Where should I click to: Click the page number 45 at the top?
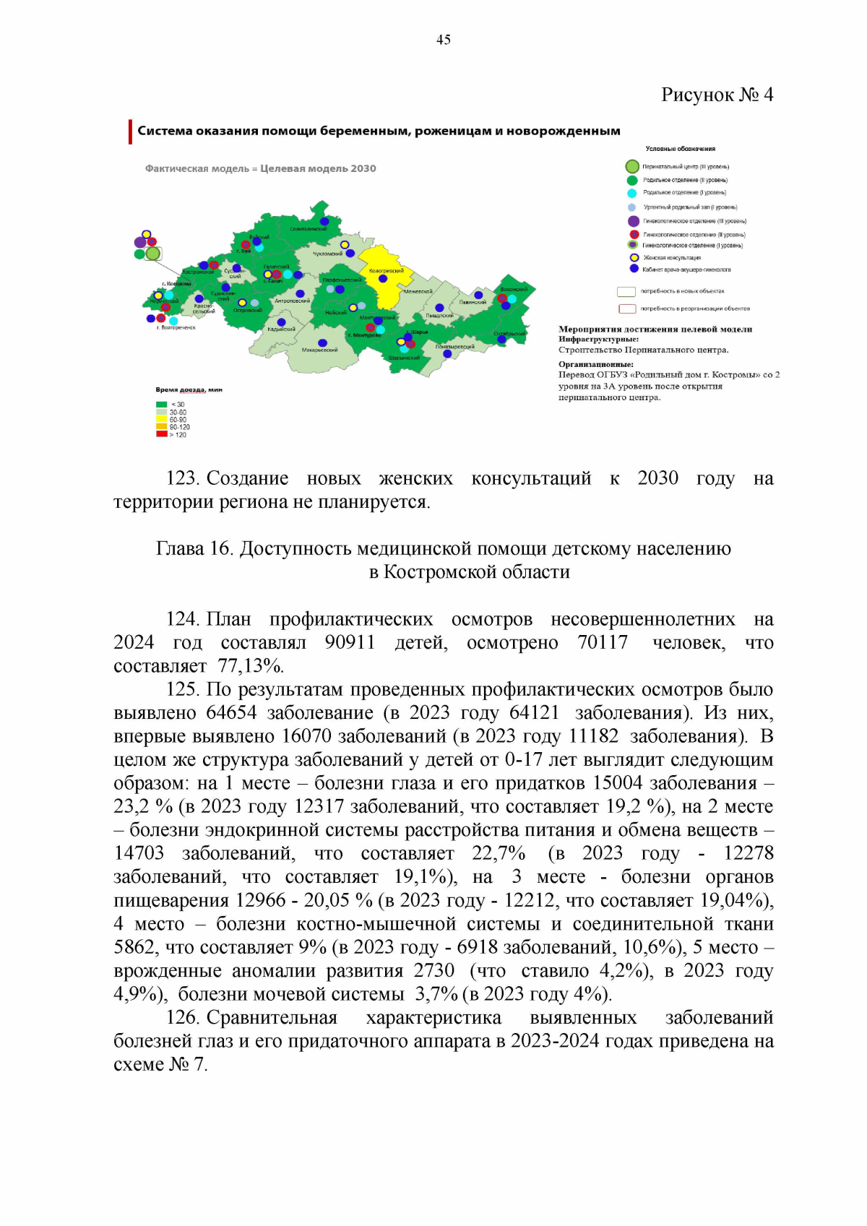pyautogui.click(x=443, y=40)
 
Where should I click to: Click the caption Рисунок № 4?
pyautogui.click(x=717, y=95)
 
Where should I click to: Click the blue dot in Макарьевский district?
pyautogui.click(x=322, y=342)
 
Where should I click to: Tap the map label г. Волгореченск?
pyautogui.click(x=176, y=327)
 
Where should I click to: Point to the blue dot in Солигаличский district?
pyautogui.click(x=324, y=221)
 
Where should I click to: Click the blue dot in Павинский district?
pyautogui.click(x=478, y=295)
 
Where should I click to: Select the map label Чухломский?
pyautogui.click(x=327, y=254)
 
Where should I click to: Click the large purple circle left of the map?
pyautogui.click(x=140, y=242)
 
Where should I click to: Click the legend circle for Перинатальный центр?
pyautogui.click(x=632, y=167)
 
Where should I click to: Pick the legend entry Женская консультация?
pyautogui.click(x=671, y=257)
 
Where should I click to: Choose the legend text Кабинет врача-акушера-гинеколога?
pyautogui.click(x=686, y=269)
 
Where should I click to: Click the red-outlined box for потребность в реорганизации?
pyautogui.click(x=626, y=308)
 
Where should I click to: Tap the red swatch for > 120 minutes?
pyautogui.click(x=161, y=434)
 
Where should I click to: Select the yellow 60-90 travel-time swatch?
pyautogui.click(x=161, y=419)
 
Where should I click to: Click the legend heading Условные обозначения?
pyautogui.click(x=680, y=149)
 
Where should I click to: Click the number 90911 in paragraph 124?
pyautogui.click(x=350, y=642)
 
